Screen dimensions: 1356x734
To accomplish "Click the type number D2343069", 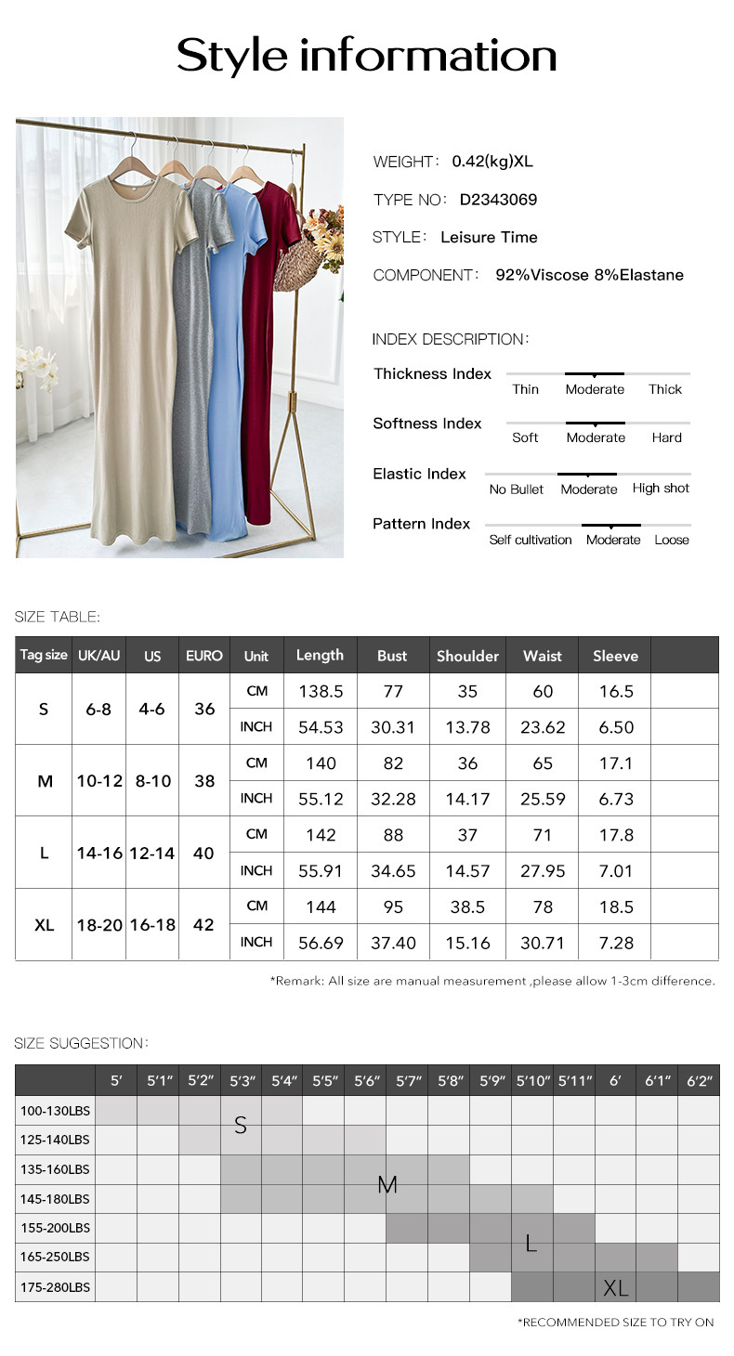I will click(498, 200).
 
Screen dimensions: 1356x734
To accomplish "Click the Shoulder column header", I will click(467, 656).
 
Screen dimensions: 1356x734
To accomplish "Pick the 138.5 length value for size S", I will click(321, 691).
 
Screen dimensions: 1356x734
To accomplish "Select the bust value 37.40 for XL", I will click(393, 943).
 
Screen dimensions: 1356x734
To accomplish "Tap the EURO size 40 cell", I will click(203, 853).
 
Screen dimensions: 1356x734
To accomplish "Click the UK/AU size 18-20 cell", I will click(99, 925).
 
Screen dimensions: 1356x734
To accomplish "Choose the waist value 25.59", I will click(543, 799).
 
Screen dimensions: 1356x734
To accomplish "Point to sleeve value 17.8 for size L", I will click(616, 835).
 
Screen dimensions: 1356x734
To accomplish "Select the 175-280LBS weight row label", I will click(56, 1286).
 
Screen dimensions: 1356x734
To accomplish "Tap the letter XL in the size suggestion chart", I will click(615, 1287).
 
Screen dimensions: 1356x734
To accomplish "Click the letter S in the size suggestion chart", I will click(241, 1126).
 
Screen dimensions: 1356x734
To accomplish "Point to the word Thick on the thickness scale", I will click(665, 389).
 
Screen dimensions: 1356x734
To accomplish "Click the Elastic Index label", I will click(419, 474).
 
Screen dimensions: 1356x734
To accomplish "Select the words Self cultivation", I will click(531, 540).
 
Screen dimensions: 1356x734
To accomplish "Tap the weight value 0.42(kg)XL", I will click(492, 162).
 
